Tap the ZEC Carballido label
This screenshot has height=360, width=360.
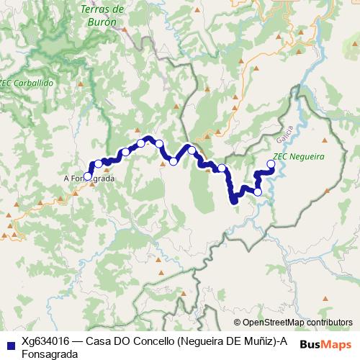[x=27, y=83]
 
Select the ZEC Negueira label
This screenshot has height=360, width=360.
[x=298, y=156]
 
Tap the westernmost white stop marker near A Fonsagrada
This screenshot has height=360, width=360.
[x=88, y=176]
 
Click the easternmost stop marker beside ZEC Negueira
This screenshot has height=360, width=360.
[x=271, y=164]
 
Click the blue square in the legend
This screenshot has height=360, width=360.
[x=9, y=341]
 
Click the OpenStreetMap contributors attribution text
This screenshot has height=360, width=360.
[x=297, y=323]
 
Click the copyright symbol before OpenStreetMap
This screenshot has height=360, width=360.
[x=238, y=323]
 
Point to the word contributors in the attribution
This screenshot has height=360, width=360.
[x=329, y=323]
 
